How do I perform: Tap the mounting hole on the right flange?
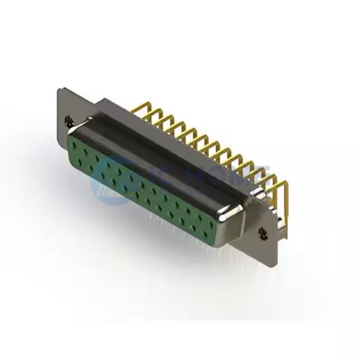click(262, 230)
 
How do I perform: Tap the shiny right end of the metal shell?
click(231, 214)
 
